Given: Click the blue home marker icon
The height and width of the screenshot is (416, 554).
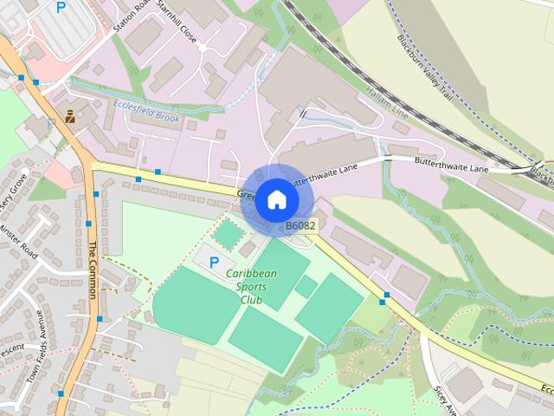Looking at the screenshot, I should click(276, 199).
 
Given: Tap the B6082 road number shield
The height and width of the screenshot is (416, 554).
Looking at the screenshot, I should click(301, 226).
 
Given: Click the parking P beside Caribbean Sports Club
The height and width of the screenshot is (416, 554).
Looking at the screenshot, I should click(215, 261).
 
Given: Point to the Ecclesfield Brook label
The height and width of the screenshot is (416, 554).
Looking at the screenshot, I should click(146, 114).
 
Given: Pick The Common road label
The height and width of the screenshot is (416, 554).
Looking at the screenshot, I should click(92, 269).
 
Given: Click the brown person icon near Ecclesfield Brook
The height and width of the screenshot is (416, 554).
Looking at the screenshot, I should click(69, 116).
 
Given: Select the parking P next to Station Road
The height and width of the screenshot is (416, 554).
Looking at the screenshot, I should click(61, 8).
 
